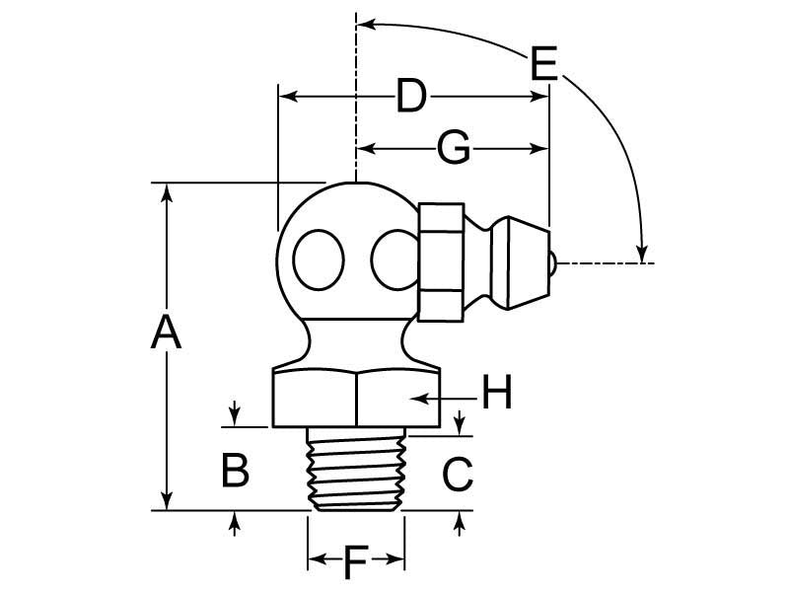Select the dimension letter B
(234, 471)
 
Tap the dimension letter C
(459, 476)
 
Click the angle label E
(543, 65)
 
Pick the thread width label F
(356, 564)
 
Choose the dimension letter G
(453, 149)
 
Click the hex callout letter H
(497, 396)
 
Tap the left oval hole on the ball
(319, 260)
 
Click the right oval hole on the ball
(394, 261)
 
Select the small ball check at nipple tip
(553, 263)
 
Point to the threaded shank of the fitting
(356, 470)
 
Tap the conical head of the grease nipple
(518, 261)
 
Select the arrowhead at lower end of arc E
(642, 254)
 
